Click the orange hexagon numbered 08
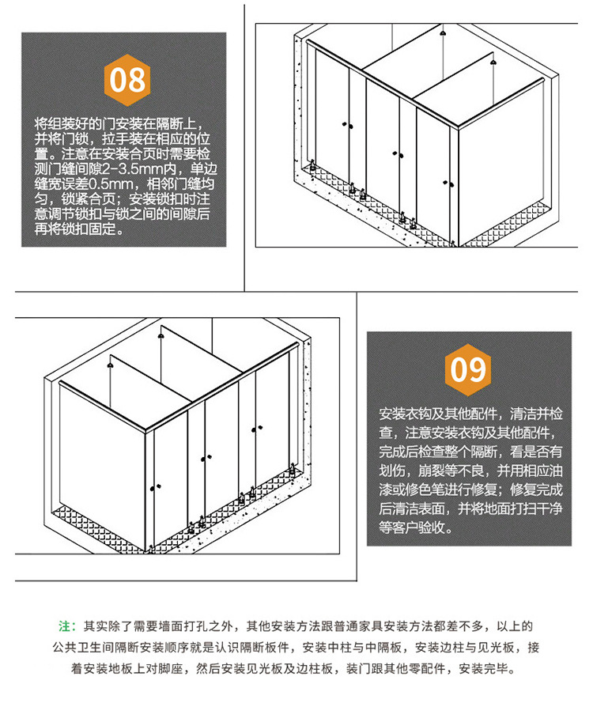click(127, 80)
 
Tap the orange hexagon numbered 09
click(467, 370)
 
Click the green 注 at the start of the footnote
click(64, 626)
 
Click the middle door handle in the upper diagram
click(398, 155)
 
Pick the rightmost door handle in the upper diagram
click(448, 183)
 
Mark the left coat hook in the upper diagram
click(443, 34)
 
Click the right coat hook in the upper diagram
click(493, 62)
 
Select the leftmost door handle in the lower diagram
click(155, 487)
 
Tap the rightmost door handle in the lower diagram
click(257, 429)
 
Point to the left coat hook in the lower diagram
click(110, 365)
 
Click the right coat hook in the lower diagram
click(160, 336)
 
